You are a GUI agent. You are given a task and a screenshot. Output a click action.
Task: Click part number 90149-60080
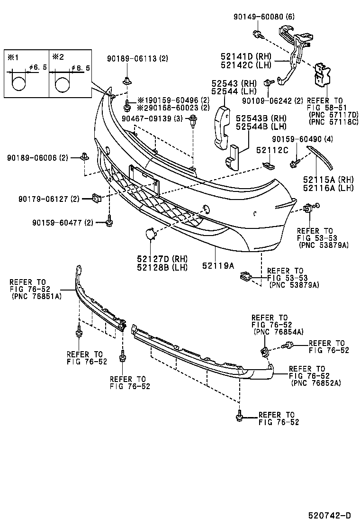(x=259, y=17)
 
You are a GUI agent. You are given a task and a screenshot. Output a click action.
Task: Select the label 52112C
(x=272, y=150)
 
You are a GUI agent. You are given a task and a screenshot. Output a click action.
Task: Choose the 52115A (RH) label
(x=322, y=180)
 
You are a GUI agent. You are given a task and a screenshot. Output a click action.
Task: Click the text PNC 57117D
(x=333, y=114)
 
